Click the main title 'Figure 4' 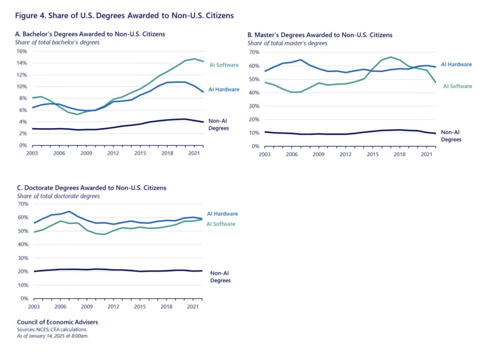[x=124, y=16]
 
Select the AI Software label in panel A [x=224, y=65]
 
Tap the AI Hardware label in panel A [x=224, y=89]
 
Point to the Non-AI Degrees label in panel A [x=218, y=125]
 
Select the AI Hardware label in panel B [x=456, y=65]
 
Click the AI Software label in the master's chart [x=458, y=86]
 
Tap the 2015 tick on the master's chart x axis [x=373, y=154]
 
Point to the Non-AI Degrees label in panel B [x=451, y=136]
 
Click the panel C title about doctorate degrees [x=91, y=188]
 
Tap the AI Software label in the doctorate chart [x=221, y=224]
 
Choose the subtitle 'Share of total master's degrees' [x=287, y=43]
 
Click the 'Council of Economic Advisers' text [x=57, y=322]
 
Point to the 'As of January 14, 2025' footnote [x=52, y=336]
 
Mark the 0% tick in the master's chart [x=255, y=147]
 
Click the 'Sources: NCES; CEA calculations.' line [x=52, y=329]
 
